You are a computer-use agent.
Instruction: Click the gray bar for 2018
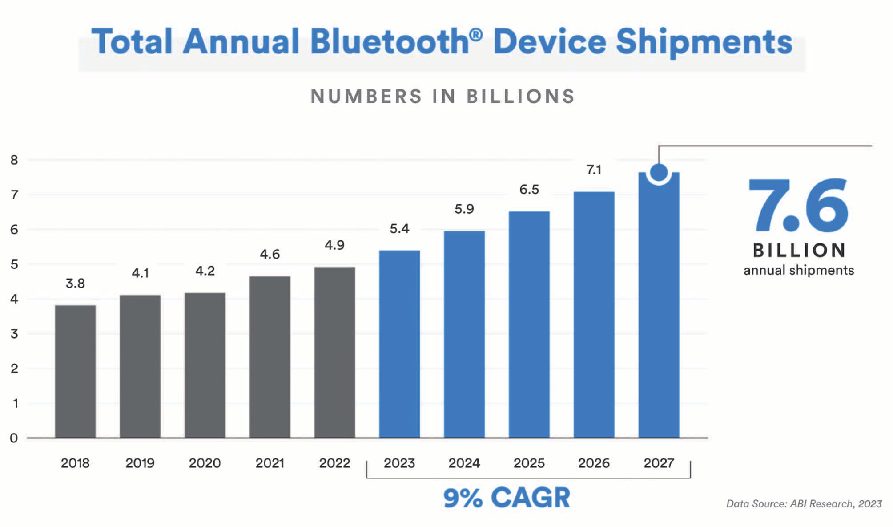pos(75,372)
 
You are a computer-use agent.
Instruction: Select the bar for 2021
pos(270,357)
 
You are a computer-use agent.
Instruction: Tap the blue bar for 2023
pos(399,344)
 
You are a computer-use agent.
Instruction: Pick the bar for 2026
pos(594,315)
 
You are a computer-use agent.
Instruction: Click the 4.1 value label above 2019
pos(140,273)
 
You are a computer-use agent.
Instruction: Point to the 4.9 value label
pos(334,245)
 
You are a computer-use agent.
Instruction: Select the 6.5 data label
pos(529,190)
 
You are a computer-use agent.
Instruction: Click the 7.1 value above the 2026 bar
pos(594,170)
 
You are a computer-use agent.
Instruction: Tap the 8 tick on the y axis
pos(14,160)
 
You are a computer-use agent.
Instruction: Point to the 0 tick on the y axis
pos(14,438)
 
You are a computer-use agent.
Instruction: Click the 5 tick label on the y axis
pos(14,264)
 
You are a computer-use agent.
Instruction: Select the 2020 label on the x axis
pos(205,463)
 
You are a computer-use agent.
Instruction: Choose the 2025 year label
pos(529,463)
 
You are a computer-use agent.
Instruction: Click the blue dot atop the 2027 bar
pos(659,172)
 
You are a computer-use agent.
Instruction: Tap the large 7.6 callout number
pos(798,205)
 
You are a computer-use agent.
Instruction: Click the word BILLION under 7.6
pos(799,251)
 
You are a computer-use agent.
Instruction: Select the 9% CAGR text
pos(507,498)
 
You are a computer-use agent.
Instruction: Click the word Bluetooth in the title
pos(390,42)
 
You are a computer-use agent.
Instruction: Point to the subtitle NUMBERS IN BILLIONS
pos(442,97)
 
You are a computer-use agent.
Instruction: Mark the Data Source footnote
pos(804,503)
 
